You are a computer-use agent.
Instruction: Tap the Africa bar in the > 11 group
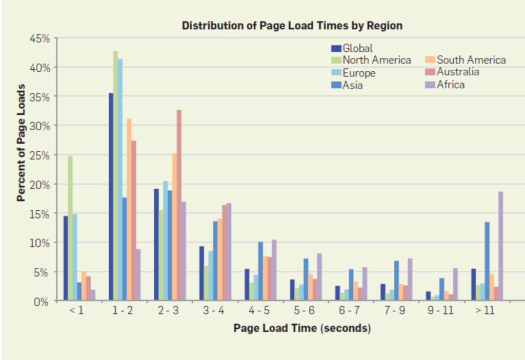click(500, 246)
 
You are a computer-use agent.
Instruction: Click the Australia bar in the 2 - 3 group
click(179, 205)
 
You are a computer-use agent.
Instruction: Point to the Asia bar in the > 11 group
click(487, 261)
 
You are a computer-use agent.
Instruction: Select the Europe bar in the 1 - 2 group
click(120, 179)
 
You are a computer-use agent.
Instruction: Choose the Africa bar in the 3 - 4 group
click(229, 251)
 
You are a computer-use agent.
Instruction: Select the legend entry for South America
click(471, 61)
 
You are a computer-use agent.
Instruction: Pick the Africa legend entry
click(451, 85)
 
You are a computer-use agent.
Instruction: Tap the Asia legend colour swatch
click(336, 85)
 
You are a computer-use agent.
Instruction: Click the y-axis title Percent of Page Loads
click(22, 149)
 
